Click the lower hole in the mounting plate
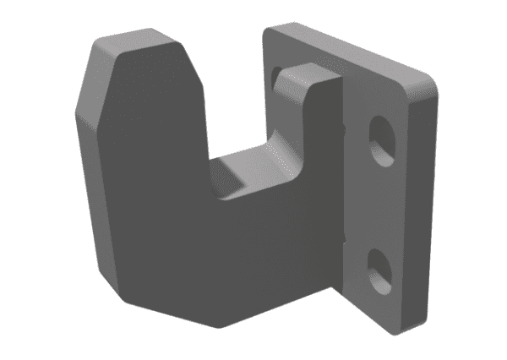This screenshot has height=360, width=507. click(381, 266)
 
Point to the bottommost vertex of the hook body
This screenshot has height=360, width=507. click(221, 328)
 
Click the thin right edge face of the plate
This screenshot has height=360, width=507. click(422, 203)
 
